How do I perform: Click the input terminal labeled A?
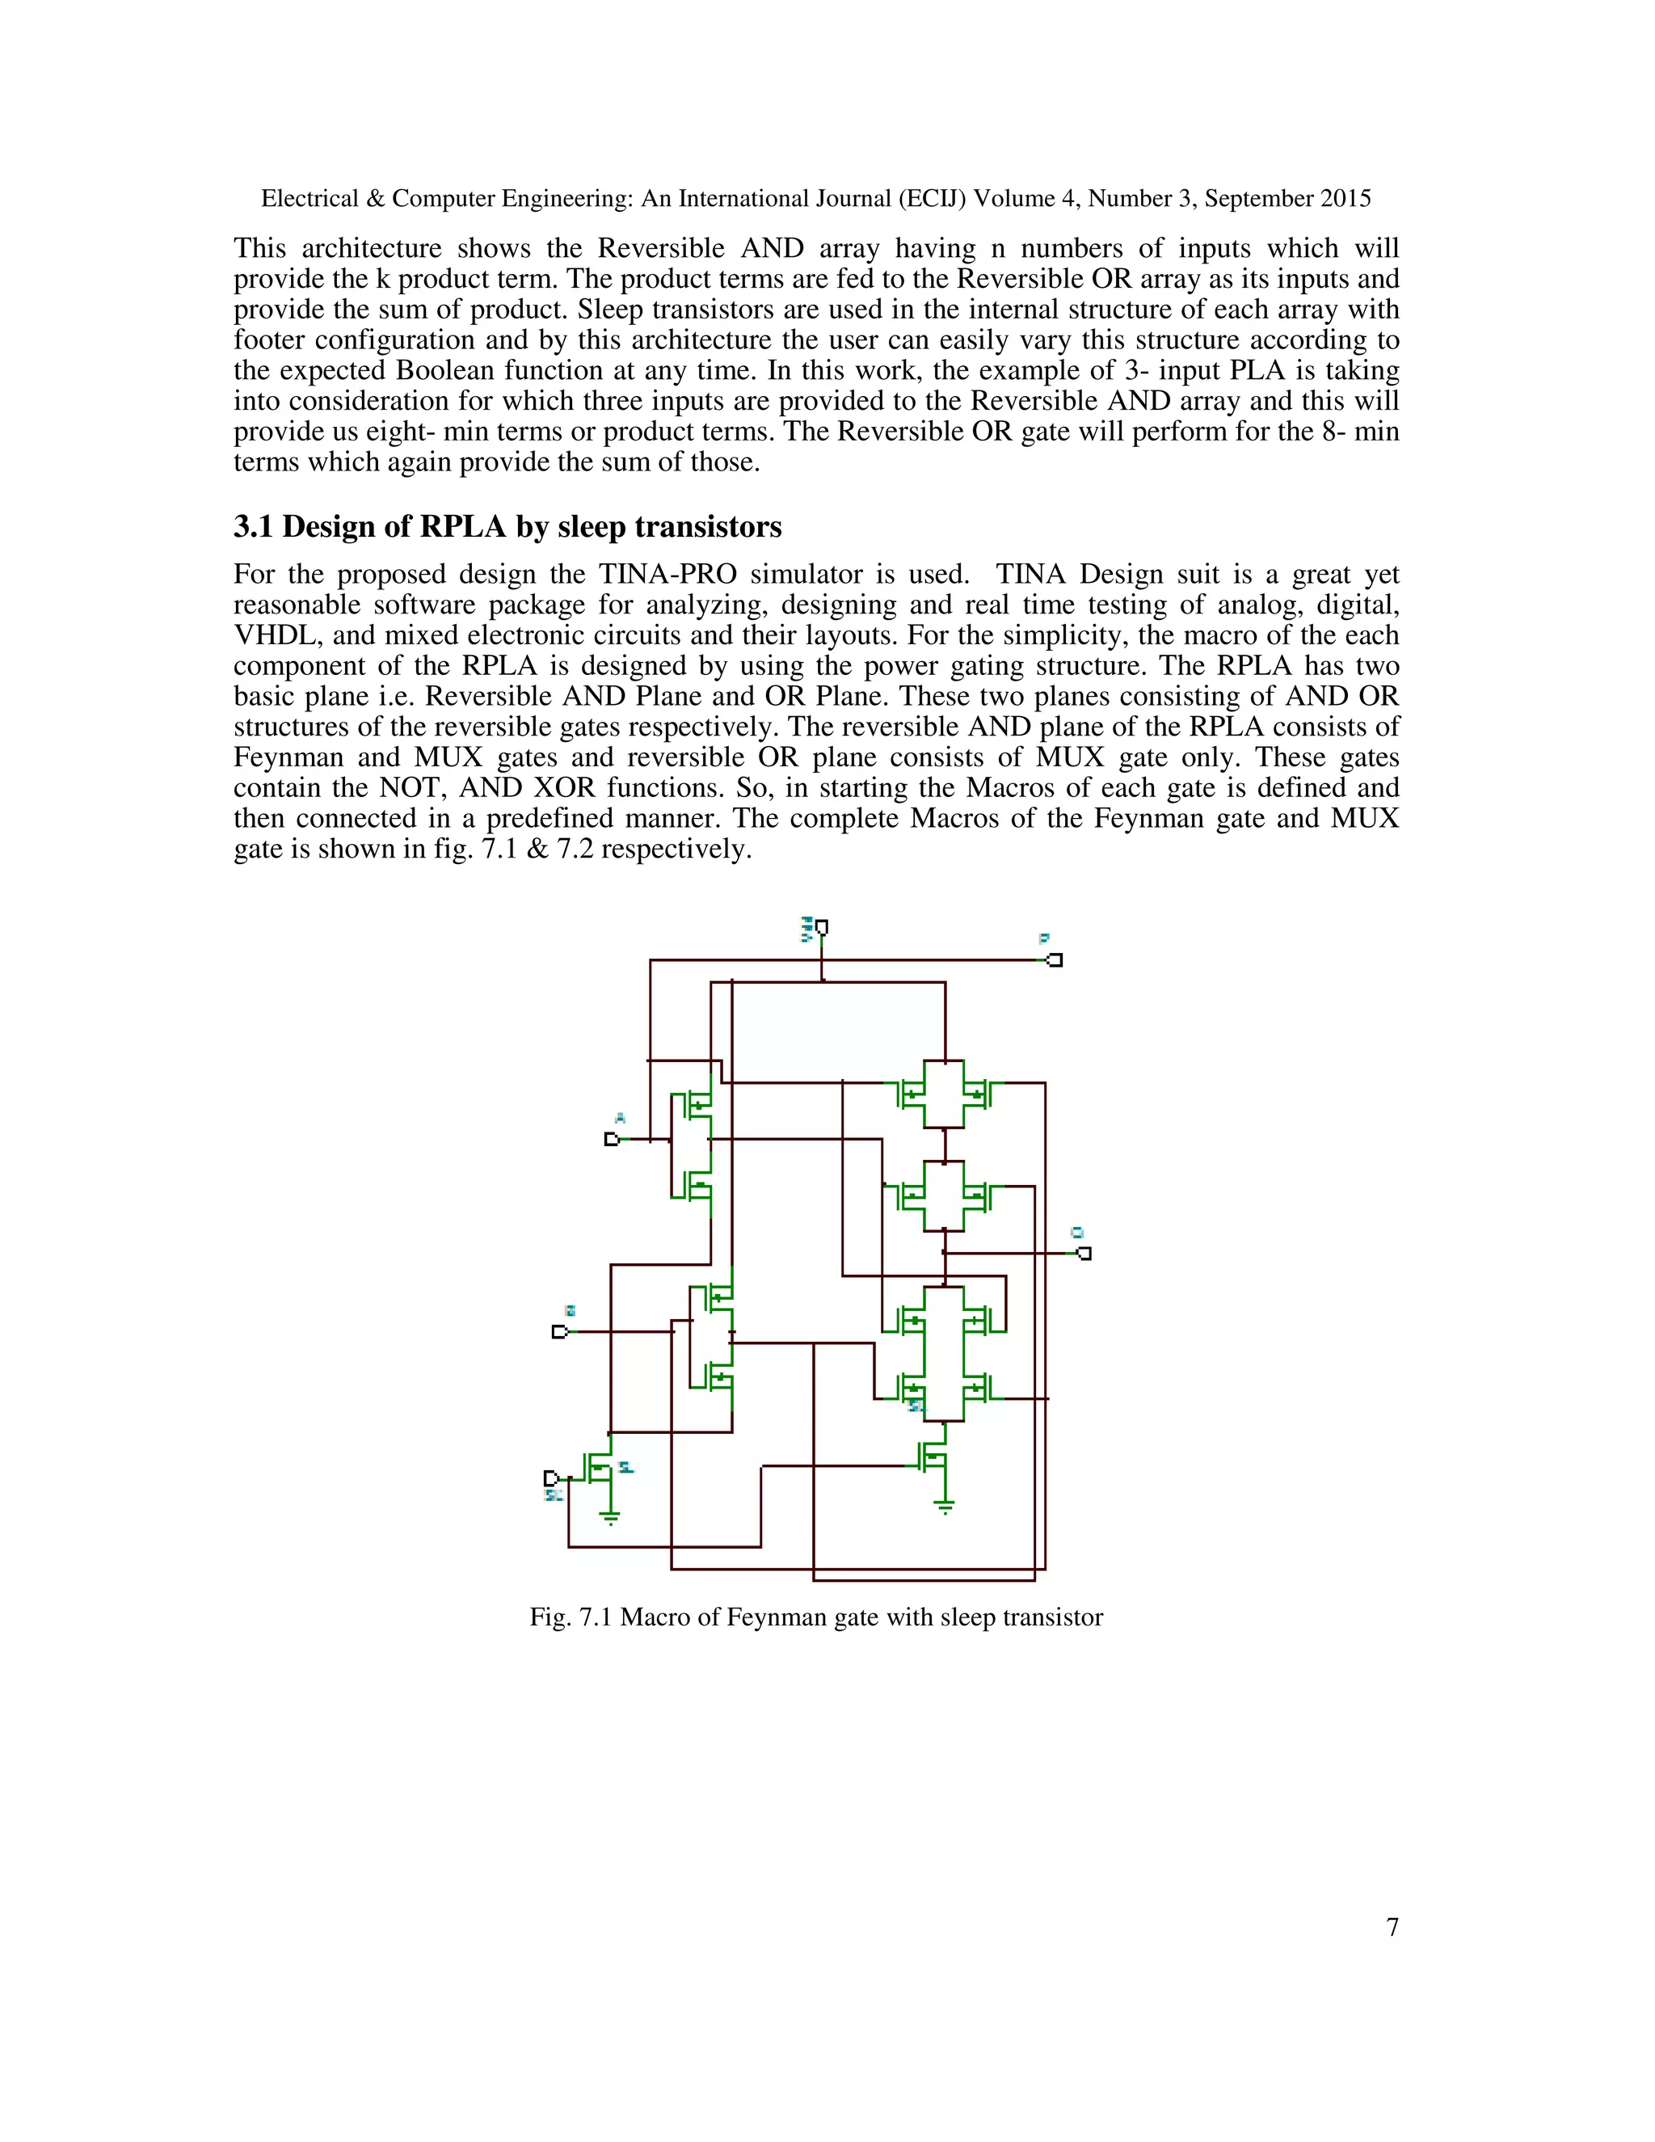[x=612, y=1140]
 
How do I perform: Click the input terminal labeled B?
[x=560, y=1332]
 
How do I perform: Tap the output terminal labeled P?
[x=1055, y=960]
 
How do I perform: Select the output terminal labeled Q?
[x=1084, y=1254]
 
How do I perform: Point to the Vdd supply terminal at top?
[x=822, y=927]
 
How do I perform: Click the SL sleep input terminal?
[x=551, y=1478]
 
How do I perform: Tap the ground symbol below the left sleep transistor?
[x=610, y=1518]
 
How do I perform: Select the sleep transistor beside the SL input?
[x=599, y=1468]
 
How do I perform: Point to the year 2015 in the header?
[x=1345, y=199]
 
